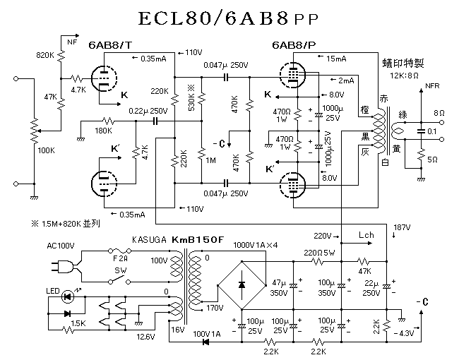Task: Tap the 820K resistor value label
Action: (x=44, y=54)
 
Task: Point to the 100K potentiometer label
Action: (x=46, y=150)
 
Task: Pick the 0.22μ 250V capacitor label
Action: (x=148, y=111)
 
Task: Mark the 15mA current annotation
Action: (x=336, y=58)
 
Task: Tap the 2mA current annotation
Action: (x=346, y=80)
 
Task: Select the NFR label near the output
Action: (x=432, y=87)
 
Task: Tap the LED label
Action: (x=52, y=292)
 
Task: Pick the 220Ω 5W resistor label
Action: (x=321, y=252)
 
